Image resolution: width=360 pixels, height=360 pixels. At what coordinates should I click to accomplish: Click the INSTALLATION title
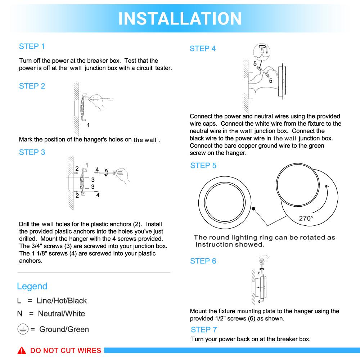(180, 18)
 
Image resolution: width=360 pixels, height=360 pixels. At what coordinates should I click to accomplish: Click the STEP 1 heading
(32, 46)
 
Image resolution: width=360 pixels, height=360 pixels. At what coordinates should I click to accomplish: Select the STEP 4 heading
(203, 49)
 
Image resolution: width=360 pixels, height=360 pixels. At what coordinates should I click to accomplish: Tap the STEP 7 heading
(204, 329)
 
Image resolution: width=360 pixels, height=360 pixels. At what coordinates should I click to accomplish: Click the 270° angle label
(306, 218)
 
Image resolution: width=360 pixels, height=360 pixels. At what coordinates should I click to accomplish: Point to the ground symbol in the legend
(22, 329)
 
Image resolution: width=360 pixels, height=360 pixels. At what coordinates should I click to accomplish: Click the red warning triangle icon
(22, 351)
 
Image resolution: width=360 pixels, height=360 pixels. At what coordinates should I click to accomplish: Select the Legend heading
(32, 286)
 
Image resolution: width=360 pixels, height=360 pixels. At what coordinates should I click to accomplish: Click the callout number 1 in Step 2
(88, 125)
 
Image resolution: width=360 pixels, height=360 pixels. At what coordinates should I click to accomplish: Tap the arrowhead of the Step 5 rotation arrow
(326, 186)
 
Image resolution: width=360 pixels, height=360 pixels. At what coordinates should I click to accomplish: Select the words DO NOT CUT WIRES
(66, 351)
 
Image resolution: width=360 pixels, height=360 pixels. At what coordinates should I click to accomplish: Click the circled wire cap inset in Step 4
(262, 51)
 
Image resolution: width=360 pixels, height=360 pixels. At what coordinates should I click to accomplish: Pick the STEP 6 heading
(203, 261)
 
